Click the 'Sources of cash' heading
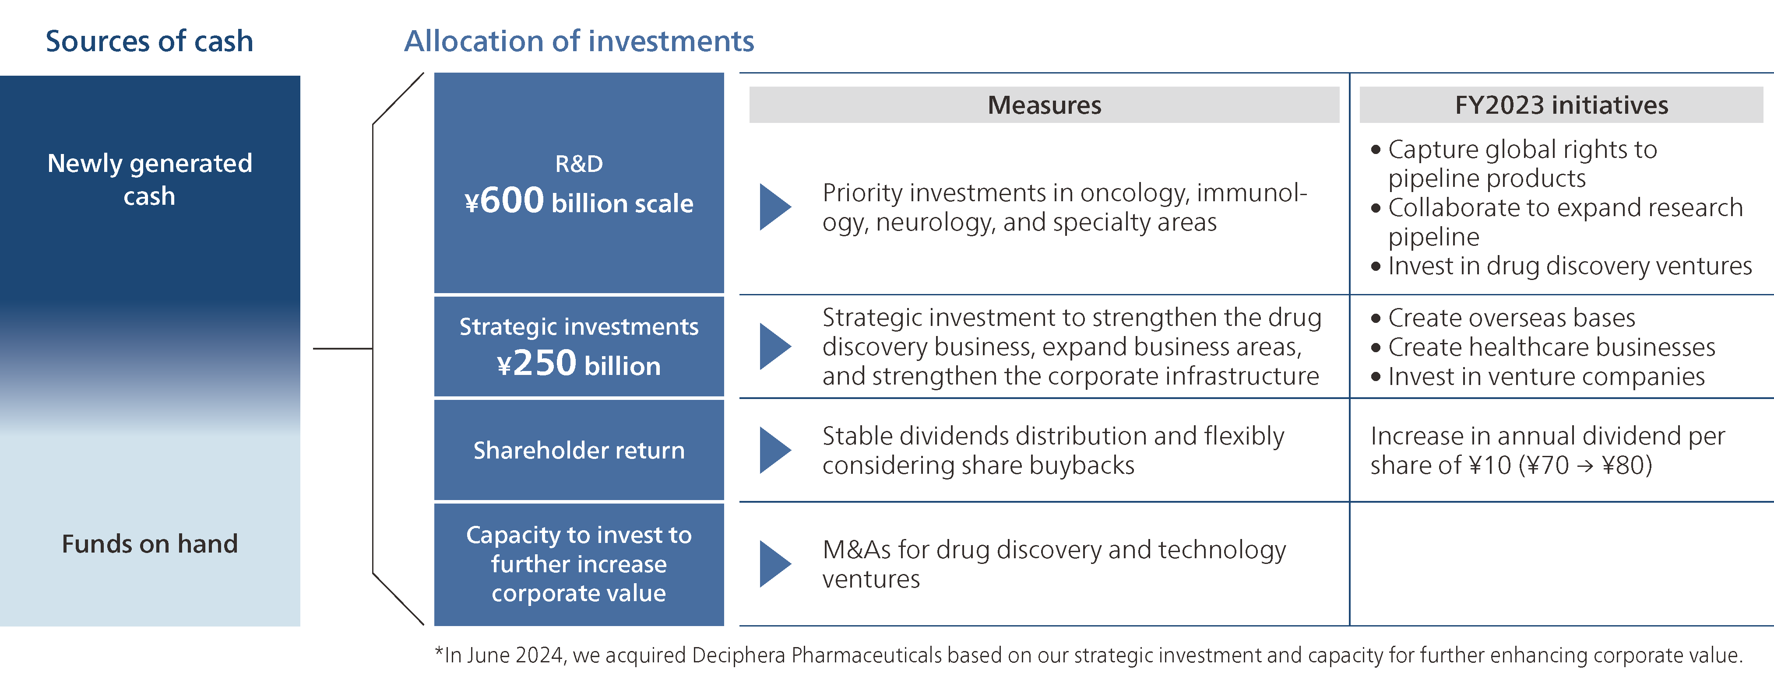point(149,41)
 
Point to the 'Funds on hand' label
point(149,544)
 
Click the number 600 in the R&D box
point(512,201)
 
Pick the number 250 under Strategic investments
point(544,364)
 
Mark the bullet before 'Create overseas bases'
point(1376,318)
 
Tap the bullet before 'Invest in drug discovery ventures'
point(1376,266)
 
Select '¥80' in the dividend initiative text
point(1626,465)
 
